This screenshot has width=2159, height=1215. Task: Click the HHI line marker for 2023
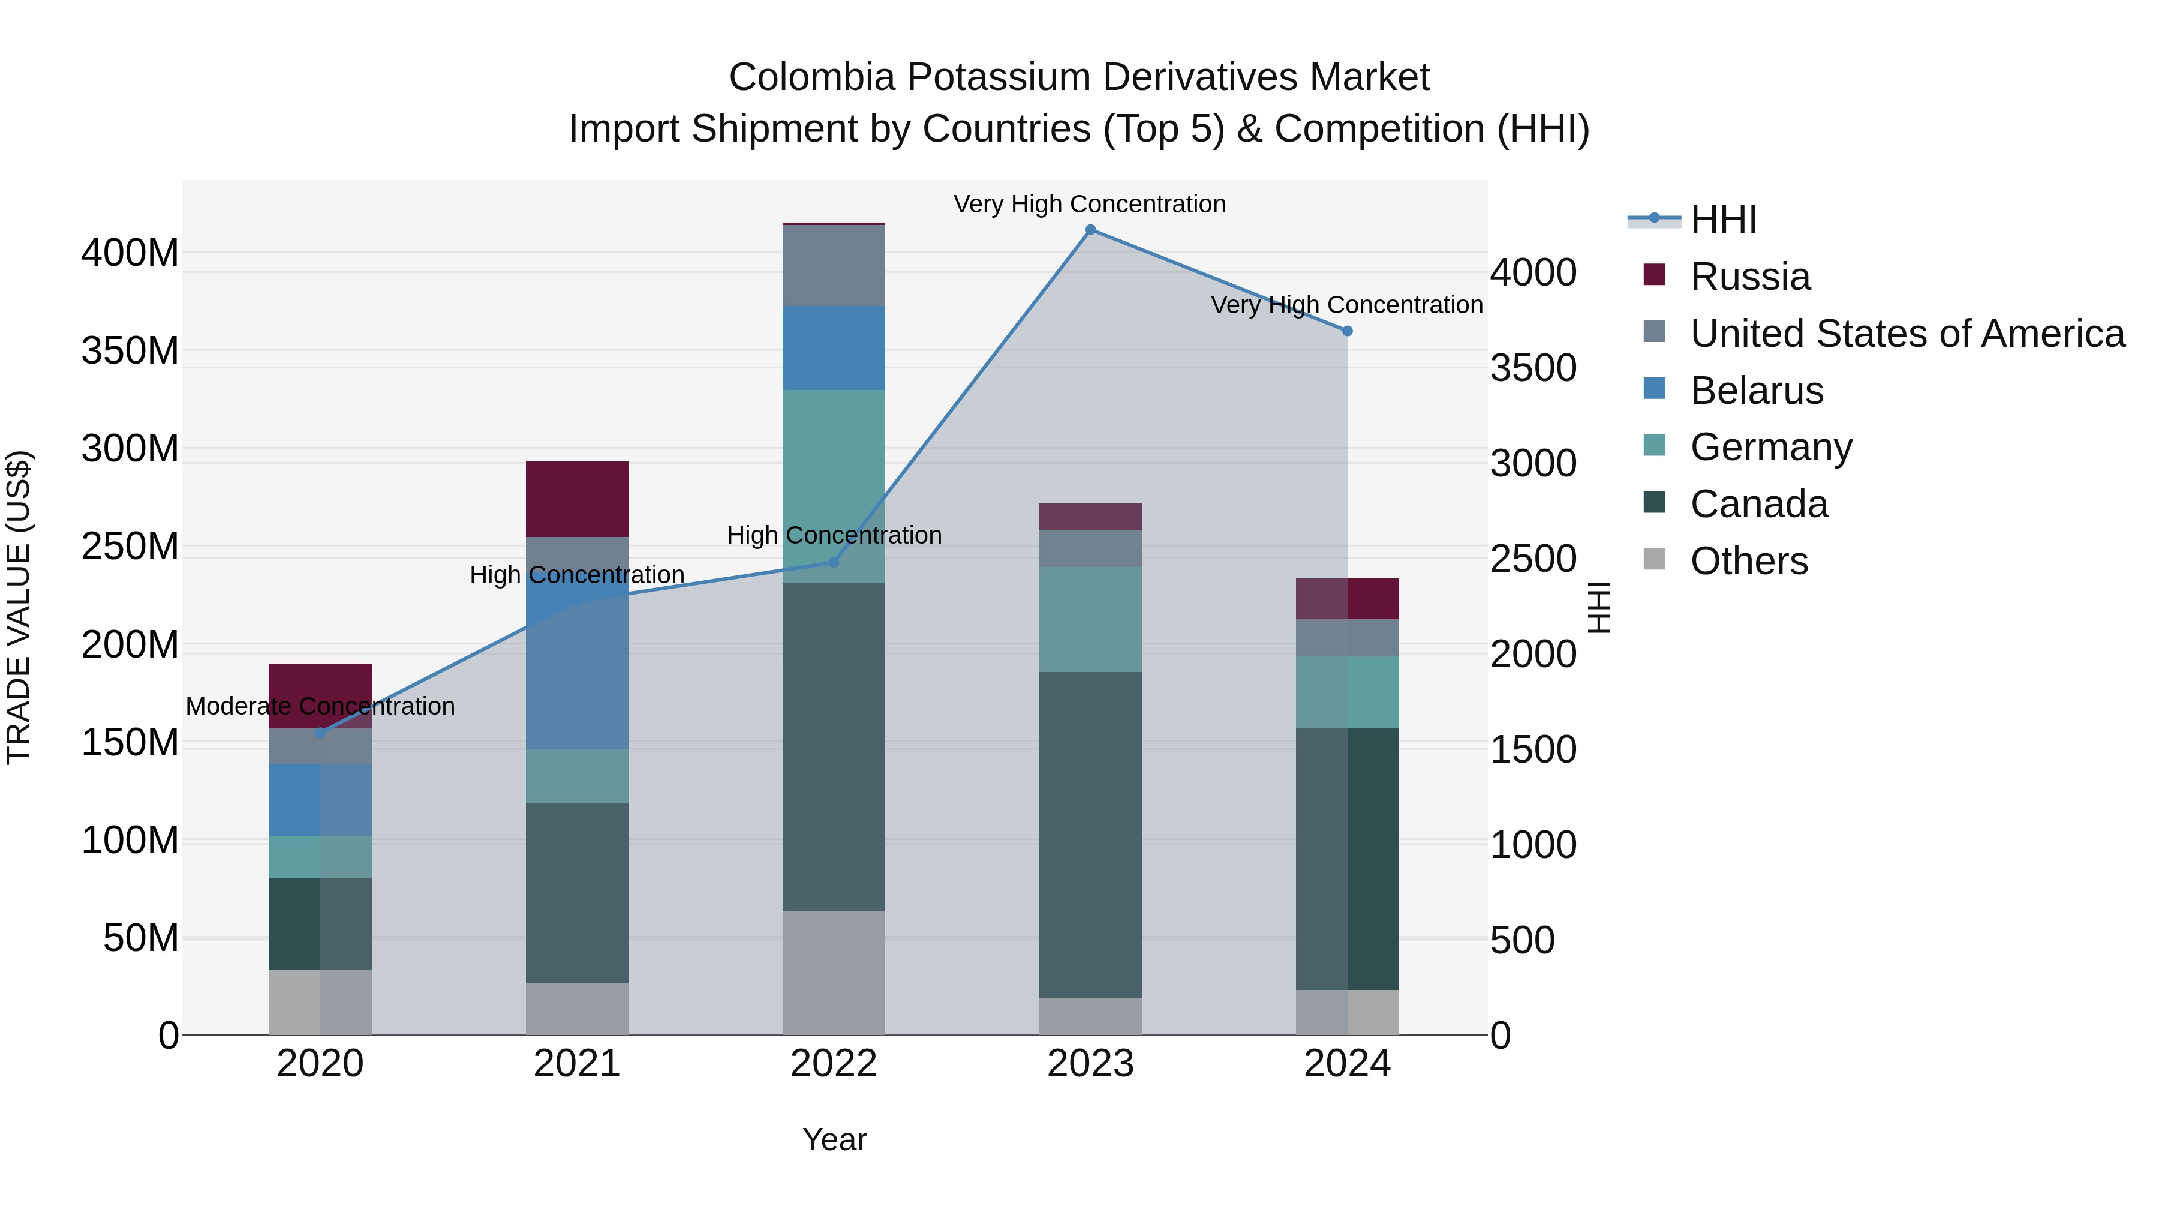1090,230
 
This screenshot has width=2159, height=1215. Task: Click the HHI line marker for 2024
1347,331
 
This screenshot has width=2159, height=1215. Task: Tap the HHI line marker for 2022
833,563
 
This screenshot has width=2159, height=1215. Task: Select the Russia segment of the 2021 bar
576,499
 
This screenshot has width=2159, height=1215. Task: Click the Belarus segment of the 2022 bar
833,348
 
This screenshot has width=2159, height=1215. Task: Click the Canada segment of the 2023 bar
1090,835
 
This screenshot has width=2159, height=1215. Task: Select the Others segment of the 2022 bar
833,973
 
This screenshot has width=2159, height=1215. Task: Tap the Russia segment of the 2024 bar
1347,599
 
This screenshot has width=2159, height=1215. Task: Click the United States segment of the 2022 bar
833,265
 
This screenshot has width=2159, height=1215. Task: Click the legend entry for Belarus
1756,391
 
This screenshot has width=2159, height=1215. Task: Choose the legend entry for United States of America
1907,334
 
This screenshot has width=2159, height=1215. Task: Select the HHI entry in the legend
1722,220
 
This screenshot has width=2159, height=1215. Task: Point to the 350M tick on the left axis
130,350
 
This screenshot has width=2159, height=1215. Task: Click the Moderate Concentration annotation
320,706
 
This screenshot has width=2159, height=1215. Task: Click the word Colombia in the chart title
811,77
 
